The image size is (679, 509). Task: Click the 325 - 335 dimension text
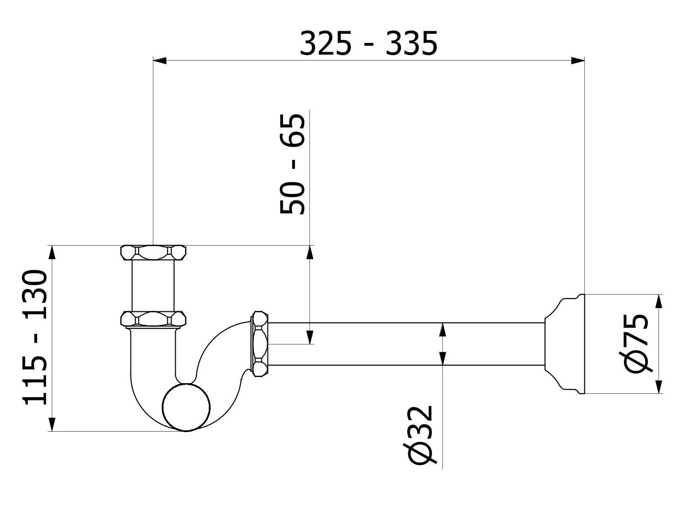tap(368, 44)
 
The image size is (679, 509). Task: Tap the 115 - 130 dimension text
tap(35, 337)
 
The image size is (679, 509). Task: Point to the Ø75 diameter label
tap(637, 343)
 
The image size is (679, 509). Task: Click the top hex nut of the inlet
tap(153, 253)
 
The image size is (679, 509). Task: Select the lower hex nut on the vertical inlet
tap(153, 319)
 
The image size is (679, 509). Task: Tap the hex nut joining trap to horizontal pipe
tap(260, 344)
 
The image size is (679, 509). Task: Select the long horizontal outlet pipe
tap(405, 344)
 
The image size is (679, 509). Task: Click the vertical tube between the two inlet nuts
tap(153, 286)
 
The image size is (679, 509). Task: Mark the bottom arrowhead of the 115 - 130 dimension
tap(52, 424)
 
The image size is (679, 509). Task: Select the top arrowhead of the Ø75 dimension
tap(659, 301)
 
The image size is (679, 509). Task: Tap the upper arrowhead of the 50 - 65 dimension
tap(309, 252)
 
